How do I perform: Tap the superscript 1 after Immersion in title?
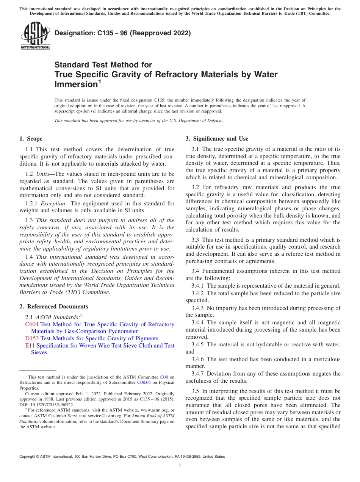click(x=99, y=81)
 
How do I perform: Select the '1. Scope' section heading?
click(x=31, y=139)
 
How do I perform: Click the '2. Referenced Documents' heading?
click(x=54, y=307)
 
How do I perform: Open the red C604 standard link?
click(x=32, y=324)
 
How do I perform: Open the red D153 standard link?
click(x=32, y=338)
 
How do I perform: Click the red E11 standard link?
click(x=30, y=346)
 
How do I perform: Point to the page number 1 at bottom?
click(x=180, y=466)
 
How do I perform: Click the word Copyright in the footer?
click(x=28, y=457)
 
